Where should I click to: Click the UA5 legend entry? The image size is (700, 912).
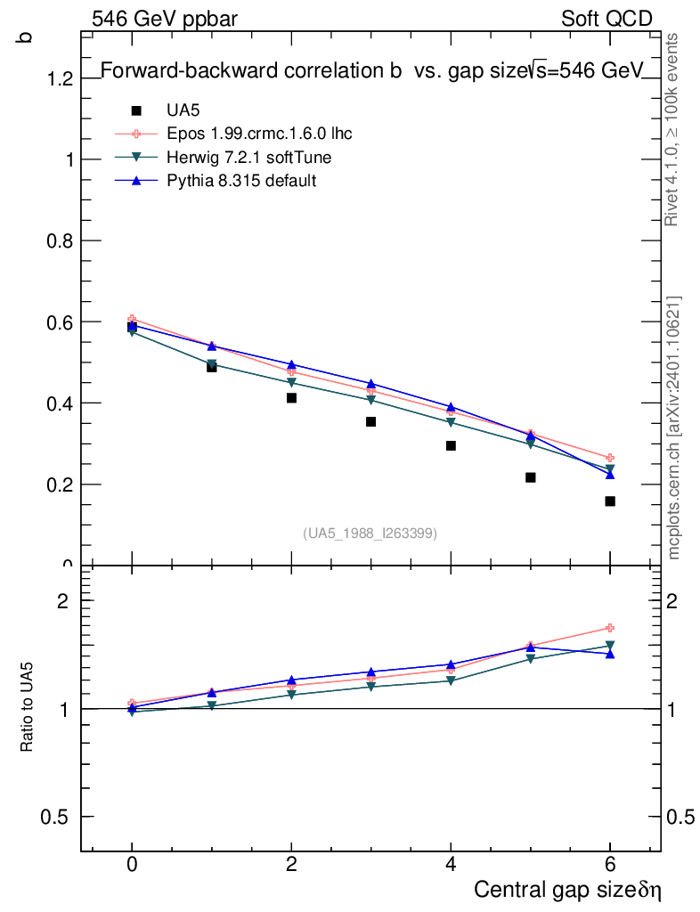pyautogui.click(x=183, y=110)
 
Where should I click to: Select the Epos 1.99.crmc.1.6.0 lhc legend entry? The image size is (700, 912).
pyautogui.click(x=258, y=134)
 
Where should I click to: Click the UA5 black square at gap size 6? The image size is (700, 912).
pyautogui.click(x=610, y=501)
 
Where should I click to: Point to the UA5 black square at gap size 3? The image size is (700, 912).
pyautogui.click(x=370, y=421)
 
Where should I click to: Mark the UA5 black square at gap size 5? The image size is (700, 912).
pyautogui.click(x=531, y=477)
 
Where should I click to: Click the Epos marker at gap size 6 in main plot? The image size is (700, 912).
pyautogui.click(x=610, y=458)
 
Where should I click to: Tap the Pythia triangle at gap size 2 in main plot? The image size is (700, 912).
pyautogui.click(x=291, y=364)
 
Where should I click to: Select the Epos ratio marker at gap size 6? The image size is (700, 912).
pyautogui.click(x=610, y=628)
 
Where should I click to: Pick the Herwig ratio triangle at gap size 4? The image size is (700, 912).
pyautogui.click(x=451, y=681)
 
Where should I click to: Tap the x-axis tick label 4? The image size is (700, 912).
pyautogui.click(x=451, y=865)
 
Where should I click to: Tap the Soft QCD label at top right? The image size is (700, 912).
pyautogui.click(x=606, y=19)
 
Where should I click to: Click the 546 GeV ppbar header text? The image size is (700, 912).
pyautogui.click(x=165, y=19)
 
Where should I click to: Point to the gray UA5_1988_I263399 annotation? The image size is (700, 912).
pyautogui.click(x=370, y=533)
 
